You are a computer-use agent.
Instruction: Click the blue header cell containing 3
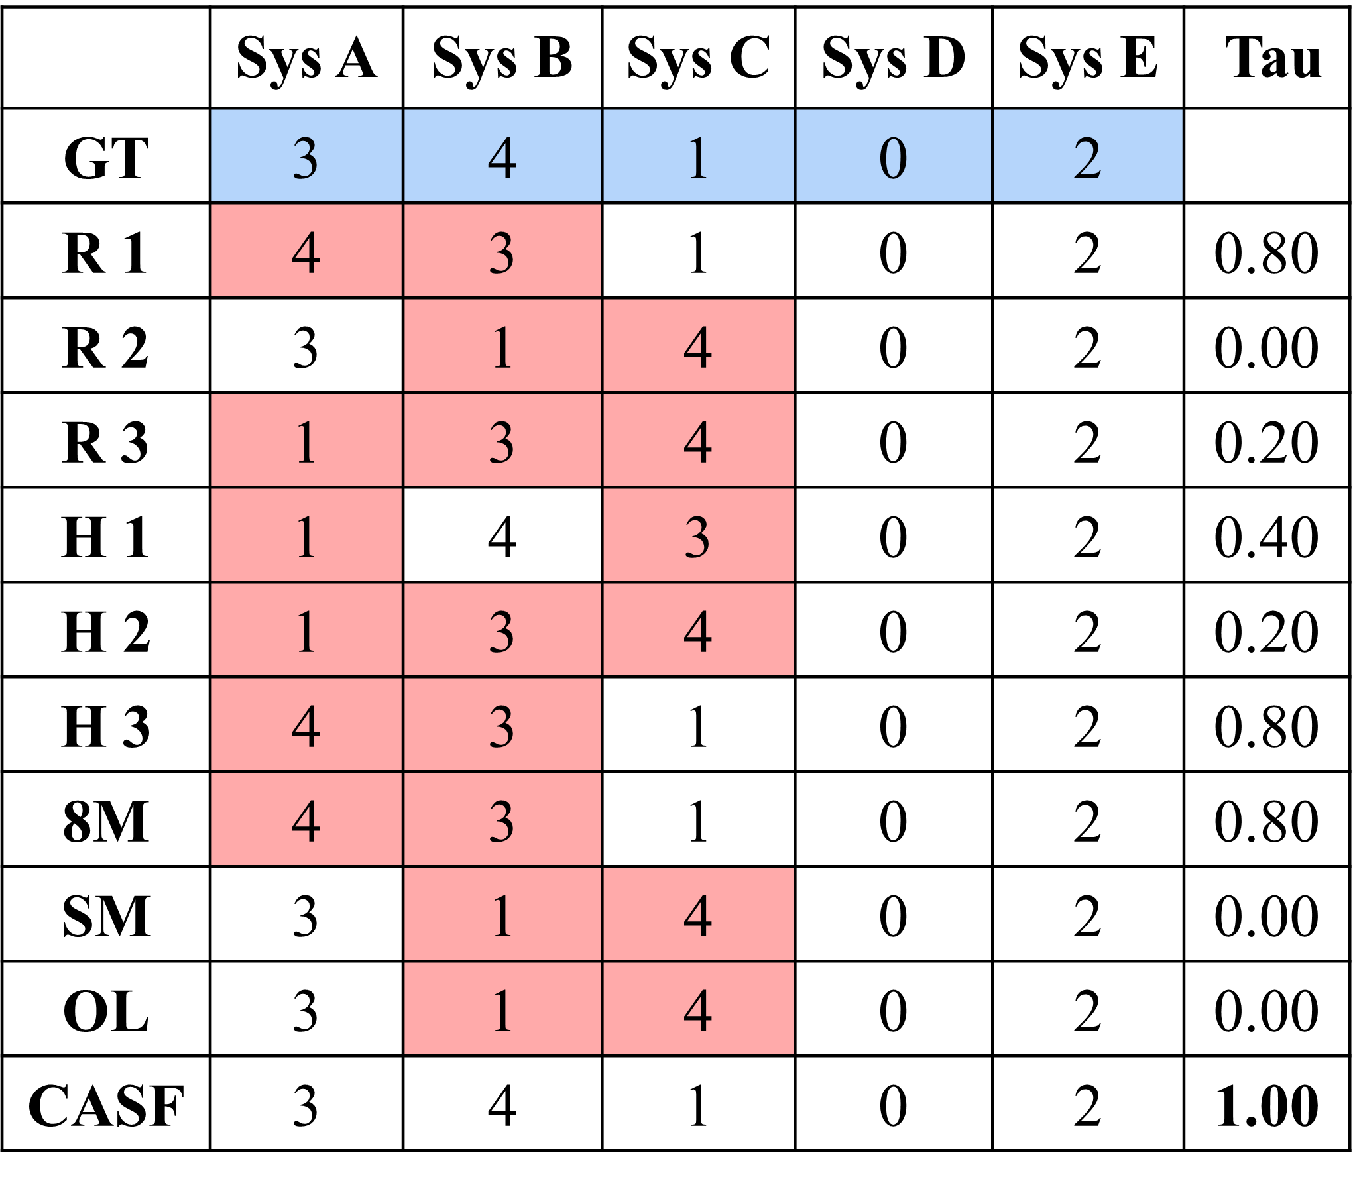point(306,156)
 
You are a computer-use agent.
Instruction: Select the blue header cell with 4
point(502,156)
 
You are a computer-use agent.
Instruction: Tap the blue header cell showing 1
point(697,156)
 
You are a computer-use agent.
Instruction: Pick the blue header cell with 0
point(893,156)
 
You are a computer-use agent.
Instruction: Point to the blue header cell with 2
point(1087,156)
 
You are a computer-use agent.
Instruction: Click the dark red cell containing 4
point(306,251)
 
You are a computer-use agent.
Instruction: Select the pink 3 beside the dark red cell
point(502,251)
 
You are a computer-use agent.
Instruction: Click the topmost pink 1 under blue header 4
point(502,345)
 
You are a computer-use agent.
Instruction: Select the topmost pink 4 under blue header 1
point(697,345)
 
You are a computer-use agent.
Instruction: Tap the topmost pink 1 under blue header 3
point(306,440)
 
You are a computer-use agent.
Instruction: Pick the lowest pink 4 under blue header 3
point(306,819)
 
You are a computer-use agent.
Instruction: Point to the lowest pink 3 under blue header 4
point(502,819)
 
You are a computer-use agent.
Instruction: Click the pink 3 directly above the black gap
point(502,440)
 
